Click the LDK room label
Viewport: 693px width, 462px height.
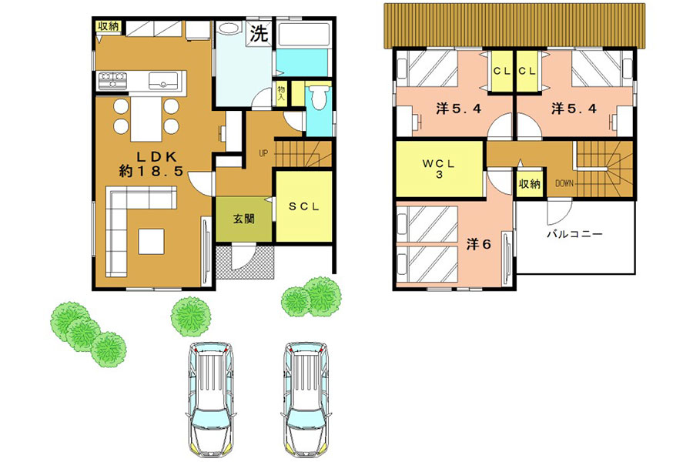151,164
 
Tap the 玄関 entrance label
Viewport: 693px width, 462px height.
244,219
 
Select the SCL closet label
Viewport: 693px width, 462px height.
303,206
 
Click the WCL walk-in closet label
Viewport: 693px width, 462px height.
438,169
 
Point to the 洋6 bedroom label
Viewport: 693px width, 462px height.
479,244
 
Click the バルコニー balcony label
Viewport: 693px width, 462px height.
574,234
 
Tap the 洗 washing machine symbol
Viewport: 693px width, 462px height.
259,34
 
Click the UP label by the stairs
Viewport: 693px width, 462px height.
263,154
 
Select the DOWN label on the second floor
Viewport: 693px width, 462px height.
564,183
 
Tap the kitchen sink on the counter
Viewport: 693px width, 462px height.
163,81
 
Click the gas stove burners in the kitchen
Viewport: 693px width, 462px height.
112,80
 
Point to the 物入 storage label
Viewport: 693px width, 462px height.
281,94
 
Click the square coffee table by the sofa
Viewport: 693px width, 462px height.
151,241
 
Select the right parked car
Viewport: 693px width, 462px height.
306,401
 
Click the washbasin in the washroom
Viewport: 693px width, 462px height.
228,29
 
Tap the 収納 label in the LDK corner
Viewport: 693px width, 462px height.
109,26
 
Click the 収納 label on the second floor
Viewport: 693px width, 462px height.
529,183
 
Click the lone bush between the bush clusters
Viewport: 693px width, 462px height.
191,316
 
